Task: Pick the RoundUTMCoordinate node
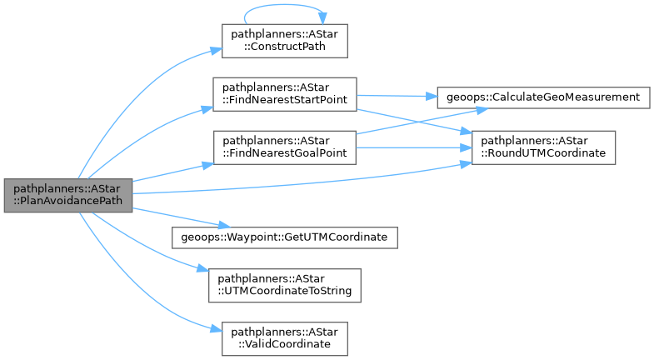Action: click(x=545, y=147)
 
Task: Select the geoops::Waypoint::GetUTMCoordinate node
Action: click(x=284, y=237)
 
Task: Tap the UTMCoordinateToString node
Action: click(x=285, y=284)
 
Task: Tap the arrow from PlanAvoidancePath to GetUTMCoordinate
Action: click(x=175, y=217)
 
